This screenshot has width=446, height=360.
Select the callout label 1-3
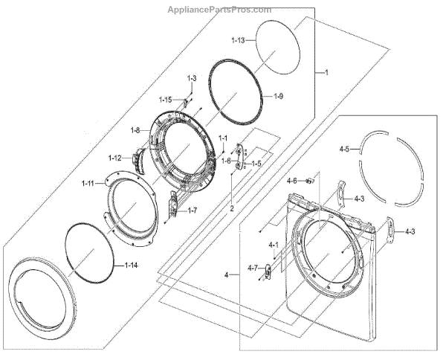[191, 78]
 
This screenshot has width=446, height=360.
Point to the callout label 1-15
[166, 100]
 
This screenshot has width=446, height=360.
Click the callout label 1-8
[135, 131]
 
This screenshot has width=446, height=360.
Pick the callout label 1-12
[114, 157]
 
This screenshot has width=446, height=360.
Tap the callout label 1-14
[132, 265]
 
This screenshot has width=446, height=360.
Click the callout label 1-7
[191, 210]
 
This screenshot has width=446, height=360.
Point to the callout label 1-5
[256, 163]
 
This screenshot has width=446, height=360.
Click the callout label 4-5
[343, 150]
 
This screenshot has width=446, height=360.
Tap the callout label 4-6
[292, 181]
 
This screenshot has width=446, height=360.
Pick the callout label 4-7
[252, 268]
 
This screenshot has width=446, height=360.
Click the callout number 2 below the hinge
[231, 209]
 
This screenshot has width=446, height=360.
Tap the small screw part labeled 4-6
[309, 181]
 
